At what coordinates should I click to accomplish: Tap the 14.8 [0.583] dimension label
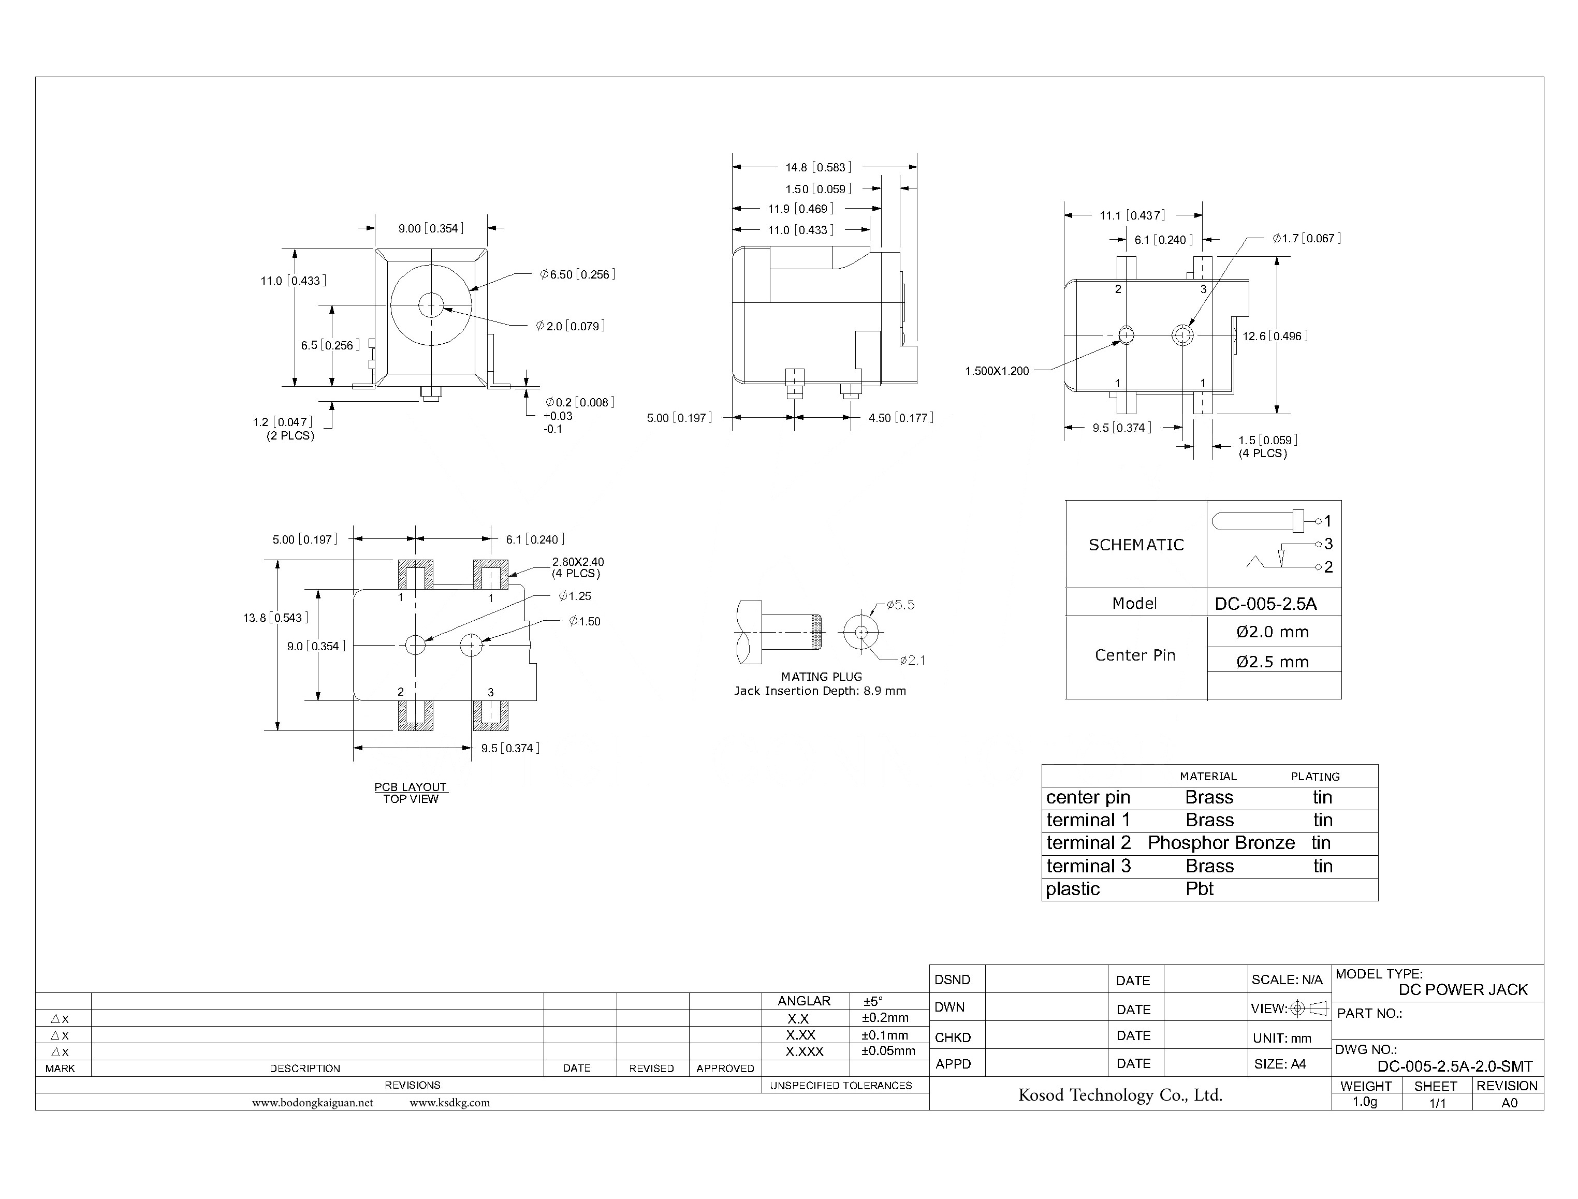818,168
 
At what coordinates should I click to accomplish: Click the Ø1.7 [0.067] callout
1306,238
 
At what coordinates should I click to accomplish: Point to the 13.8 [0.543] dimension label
275,618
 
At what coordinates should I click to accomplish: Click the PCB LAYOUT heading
411,787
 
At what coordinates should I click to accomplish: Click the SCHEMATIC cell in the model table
1135,545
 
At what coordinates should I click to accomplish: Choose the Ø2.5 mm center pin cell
1273,662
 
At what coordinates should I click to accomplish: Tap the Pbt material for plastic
1199,889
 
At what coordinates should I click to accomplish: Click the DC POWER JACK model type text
1463,990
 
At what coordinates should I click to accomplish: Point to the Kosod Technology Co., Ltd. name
1120,1095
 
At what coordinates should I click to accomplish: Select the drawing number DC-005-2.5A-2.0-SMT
1455,1067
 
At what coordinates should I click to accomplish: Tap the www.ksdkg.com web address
449,1103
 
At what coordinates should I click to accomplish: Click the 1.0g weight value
1365,1102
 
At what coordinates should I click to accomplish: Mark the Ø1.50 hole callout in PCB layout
585,622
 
